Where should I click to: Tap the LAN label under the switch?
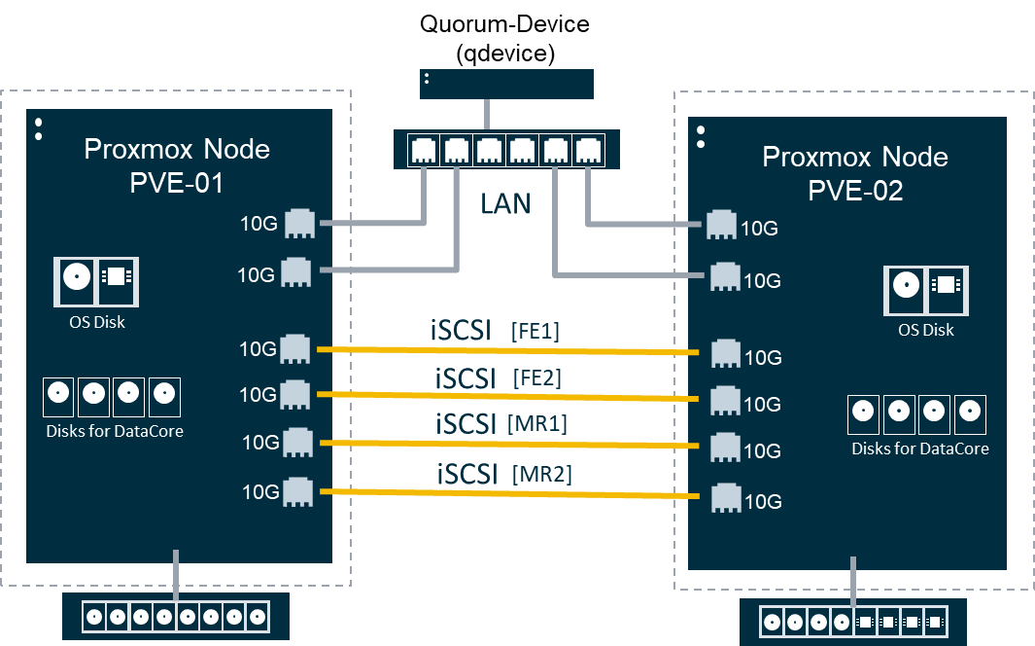point(505,203)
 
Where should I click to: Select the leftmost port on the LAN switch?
point(424,151)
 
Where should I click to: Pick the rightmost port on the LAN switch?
point(587,151)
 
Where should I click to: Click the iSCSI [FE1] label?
point(495,331)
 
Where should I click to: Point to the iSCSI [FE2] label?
point(497,377)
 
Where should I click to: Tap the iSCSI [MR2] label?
point(503,474)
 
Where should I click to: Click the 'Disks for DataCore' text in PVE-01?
point(115,430)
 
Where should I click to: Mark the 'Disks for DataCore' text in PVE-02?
point(919,449)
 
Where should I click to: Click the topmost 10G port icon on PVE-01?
point(298,224)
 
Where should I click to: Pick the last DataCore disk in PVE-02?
point(969,413)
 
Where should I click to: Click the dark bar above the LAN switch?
point(506,84)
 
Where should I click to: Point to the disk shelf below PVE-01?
point(175,617)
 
